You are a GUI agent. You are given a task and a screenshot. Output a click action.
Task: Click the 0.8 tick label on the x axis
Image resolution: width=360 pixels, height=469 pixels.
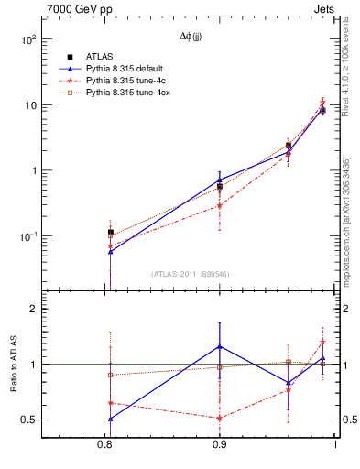104,445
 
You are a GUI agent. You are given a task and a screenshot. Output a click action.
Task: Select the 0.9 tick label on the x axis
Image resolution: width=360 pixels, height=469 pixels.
219,445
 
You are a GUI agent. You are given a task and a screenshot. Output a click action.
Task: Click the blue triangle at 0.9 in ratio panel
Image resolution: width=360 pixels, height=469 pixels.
219,346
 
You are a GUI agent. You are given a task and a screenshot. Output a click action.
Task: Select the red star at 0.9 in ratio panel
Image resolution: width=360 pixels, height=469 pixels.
219,418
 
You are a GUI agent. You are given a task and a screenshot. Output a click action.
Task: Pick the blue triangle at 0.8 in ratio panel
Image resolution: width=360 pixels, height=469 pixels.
110,419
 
